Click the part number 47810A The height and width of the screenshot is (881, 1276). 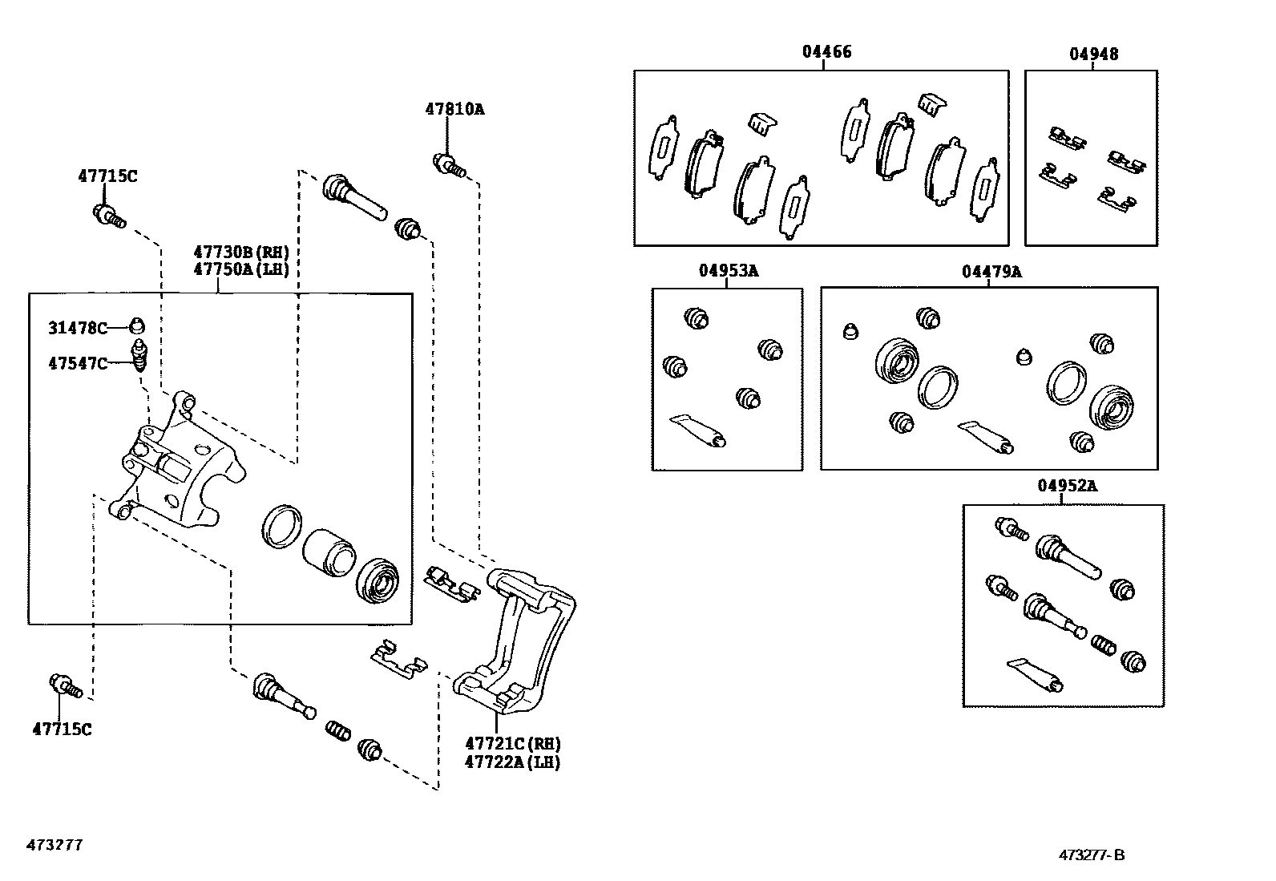point(454,109)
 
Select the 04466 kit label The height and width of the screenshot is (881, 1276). point(826,52)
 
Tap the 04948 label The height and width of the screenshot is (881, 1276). point(1093,54)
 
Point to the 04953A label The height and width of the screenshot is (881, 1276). point(728,270)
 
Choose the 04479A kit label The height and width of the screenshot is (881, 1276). point(991,271)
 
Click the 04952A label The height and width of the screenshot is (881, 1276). point(1067,485)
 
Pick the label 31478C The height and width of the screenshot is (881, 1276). point(78,327)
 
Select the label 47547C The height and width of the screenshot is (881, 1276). point(78,363)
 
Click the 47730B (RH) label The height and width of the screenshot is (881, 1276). point(240,253)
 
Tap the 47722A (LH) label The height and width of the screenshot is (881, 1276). point(512,762)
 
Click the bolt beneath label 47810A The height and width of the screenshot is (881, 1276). point(449,164)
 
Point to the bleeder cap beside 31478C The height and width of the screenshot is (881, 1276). point(137,325)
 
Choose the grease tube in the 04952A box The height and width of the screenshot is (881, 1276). point(1036,673)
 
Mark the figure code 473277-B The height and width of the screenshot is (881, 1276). point(1091,855)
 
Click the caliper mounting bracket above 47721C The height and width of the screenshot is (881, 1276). point(518,641)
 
